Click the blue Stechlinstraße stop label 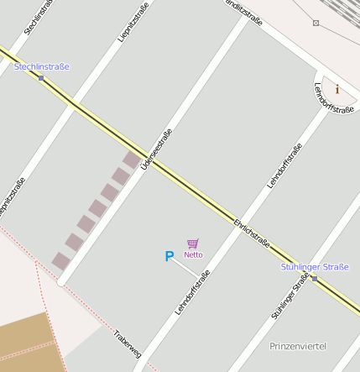coord(41,66)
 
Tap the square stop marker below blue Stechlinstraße coord(40,78)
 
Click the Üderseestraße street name coord(157,149)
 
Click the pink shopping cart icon coord(193,244)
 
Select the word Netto coord(194,254)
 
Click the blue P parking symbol coord(169,257)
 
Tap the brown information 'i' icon coord(337,89)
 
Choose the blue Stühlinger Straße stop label coord(314,267)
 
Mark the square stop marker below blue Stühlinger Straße coord(314,278)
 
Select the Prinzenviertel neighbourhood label coord(298,346)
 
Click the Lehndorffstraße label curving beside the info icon coord(324,97)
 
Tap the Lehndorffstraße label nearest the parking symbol coord(191,293)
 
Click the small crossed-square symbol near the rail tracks coord(316,23)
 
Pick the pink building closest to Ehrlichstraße coord(132,159)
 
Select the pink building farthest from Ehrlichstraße coord(60,261)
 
